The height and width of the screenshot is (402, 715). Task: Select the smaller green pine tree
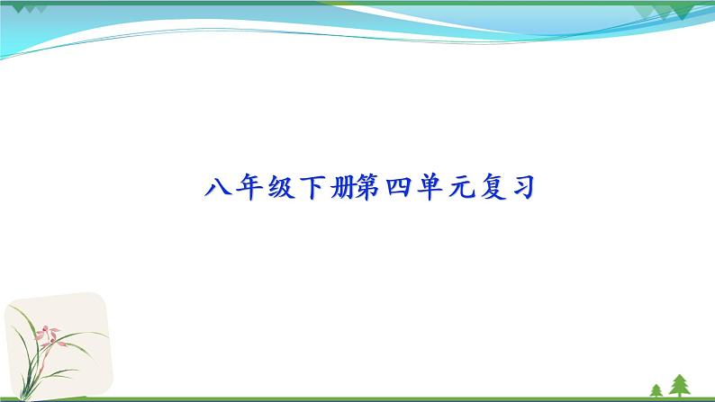pyautogui.click(x=656, y=389)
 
